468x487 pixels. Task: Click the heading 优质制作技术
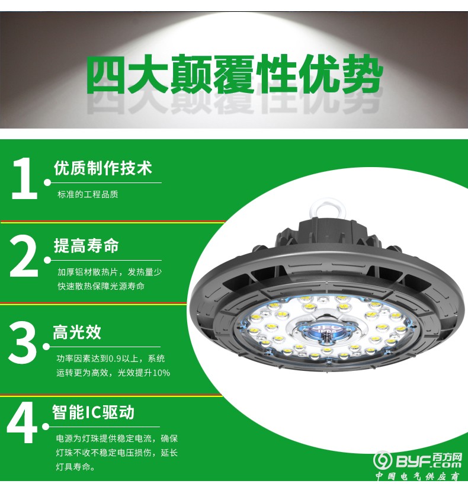pos(102,168)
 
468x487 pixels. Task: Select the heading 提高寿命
pos(86,246)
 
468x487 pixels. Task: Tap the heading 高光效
pos(77,332)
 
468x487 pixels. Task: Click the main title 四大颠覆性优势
pos(234,76)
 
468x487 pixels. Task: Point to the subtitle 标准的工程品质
pos(88,194)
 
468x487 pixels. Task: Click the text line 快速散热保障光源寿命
pos(101,286)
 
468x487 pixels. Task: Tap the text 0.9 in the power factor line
pos(111,358)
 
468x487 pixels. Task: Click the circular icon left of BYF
pos(383,461)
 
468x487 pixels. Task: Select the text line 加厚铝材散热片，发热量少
pos(110,272)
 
